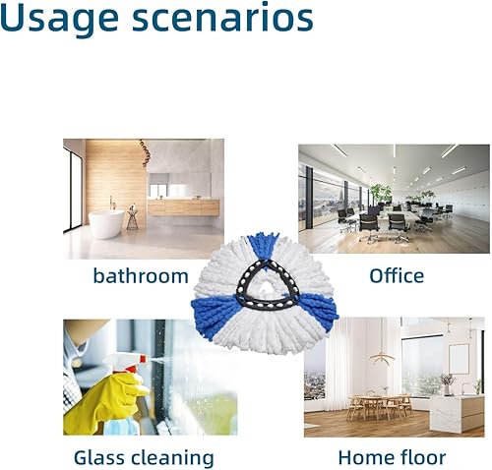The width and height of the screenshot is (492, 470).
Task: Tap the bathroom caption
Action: tap(140, 275)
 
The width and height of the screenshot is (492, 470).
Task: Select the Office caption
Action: tap(396, 275)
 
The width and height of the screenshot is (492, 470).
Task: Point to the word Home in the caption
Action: tap(368, 457)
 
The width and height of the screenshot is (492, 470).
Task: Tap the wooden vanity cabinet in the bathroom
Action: tap(183, 206)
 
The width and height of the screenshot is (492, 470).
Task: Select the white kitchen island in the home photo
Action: tap(456, 411)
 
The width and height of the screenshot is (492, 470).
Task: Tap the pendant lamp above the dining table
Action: tap(382, 356)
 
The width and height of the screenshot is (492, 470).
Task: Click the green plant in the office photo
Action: tap(380, 192)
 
